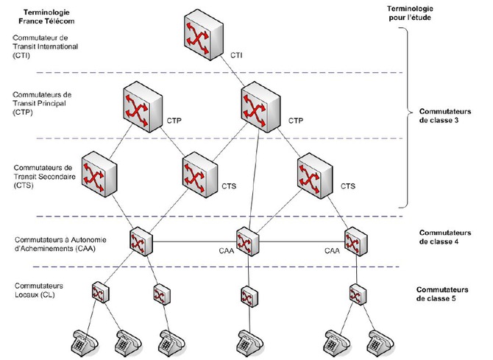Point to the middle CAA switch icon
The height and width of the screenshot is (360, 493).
(x=246, y=241)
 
